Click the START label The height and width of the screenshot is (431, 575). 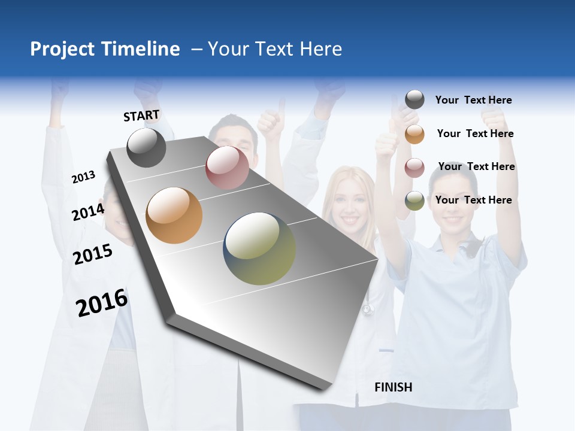[141, 116]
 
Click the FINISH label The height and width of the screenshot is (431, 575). [393, 387]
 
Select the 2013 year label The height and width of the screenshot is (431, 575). [83, 177]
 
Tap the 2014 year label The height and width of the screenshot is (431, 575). [88, 212]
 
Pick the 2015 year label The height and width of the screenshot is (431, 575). [92, 254]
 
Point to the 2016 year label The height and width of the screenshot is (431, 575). [102, 303]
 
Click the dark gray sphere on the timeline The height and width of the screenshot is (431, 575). [146, 147]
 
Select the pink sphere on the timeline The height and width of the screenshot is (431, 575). [227, 167]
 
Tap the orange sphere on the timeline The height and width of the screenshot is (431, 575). [174, 215]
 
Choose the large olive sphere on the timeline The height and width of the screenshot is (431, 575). [259, 248]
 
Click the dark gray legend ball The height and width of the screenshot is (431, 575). [414, 100]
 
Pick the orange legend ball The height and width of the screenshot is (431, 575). [414, 134]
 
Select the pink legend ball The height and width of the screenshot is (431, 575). [414, 168]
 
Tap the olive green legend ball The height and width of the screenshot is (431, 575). [414, 201]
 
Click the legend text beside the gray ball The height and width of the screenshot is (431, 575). [473, 100]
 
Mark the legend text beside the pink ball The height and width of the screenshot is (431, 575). [476, 166]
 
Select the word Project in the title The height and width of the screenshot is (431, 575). [62, 49]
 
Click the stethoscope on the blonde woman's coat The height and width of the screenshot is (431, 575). [367, 309]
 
